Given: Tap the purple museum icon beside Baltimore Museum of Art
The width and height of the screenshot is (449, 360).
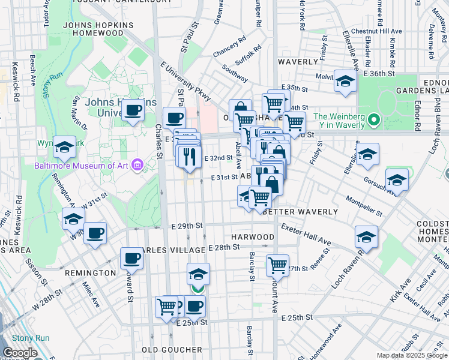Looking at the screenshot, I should (137, 164).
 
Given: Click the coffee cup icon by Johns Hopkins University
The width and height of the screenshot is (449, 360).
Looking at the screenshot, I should (133, 110).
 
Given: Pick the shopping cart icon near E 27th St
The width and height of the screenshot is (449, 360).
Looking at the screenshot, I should (277, 264).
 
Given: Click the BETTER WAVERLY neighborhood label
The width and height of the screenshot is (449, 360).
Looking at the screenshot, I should (293, 212).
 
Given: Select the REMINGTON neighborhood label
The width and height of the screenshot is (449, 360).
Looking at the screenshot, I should (90, 273).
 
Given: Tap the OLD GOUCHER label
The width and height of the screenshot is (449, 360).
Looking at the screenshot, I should (172, 349).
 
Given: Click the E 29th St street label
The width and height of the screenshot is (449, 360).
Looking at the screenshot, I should (187, 226).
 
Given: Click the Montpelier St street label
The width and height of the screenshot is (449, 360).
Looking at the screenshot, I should (364, 206).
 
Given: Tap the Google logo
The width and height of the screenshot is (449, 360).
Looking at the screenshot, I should (20, 353).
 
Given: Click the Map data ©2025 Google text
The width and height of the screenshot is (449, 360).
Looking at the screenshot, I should (411, 355).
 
